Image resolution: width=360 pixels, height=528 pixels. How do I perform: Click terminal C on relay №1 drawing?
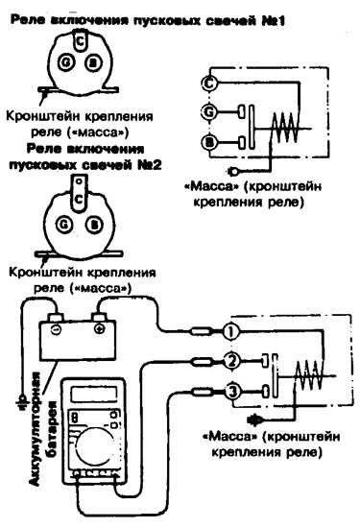tap(81, 41)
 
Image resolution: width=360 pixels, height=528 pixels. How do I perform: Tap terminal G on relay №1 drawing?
tap(65, 63)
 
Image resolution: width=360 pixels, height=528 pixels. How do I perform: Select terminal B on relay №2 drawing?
tap(94, 225)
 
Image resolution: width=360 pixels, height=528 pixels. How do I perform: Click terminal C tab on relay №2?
tap(79, 195)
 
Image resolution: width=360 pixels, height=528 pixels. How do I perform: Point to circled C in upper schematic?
tap(209, 83)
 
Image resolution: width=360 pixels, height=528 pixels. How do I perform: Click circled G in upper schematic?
tap(209, 111)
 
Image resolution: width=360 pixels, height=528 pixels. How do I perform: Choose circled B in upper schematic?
tap(209, 143)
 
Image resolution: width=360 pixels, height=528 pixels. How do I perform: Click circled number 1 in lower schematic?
tap(230, 332)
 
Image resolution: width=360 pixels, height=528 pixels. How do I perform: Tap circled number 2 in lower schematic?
tap(231, 361)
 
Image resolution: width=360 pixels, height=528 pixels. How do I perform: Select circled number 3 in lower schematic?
tap(233, 392)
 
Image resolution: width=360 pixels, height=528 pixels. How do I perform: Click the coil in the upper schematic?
tap(285, 128)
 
